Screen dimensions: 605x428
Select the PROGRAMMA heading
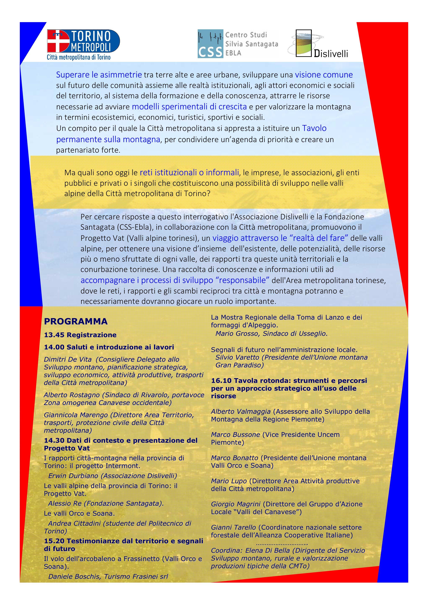pyautogui.click(x=76, y=321)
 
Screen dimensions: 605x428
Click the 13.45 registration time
pyautogui.click(x=54, y=335)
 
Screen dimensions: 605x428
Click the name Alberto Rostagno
pyautogui.click(x=72, y=395)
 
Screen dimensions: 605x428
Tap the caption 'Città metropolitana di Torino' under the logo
pyautogui.click(x=79, y=57)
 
